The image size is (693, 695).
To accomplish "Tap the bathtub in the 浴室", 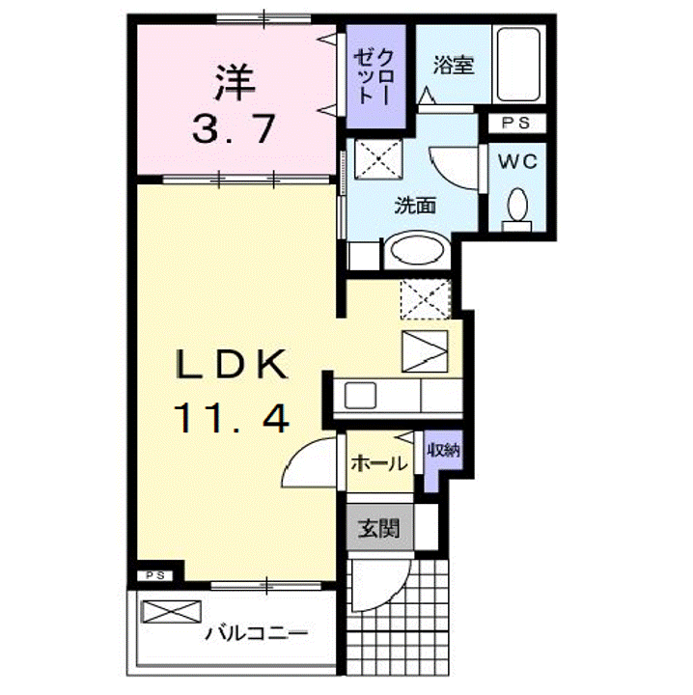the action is click(518, 65).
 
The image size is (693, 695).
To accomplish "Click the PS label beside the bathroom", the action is click(516, 124).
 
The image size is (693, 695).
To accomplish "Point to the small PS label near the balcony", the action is click(156, 575).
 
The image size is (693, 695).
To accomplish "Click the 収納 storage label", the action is click(444, 451).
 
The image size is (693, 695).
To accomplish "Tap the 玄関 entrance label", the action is click(379, 528).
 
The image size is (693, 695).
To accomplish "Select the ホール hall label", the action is click(379, 463).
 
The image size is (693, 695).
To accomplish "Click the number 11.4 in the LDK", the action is click(232, 418).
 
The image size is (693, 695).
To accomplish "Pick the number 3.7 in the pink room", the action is click(234, 129).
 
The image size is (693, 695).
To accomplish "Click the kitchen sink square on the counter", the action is click(360, 396).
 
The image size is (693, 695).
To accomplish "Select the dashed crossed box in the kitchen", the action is click(426, 299).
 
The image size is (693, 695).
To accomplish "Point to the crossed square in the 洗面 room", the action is click(378, 159).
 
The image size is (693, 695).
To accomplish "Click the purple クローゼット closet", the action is click(375, 76).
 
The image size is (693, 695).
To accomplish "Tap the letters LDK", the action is click(231, 364).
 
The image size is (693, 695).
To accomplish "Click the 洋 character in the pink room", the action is click(235, 83).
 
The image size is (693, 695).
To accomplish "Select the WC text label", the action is click(517, 162).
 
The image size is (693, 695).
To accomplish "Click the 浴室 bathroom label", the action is click(454, 66).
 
